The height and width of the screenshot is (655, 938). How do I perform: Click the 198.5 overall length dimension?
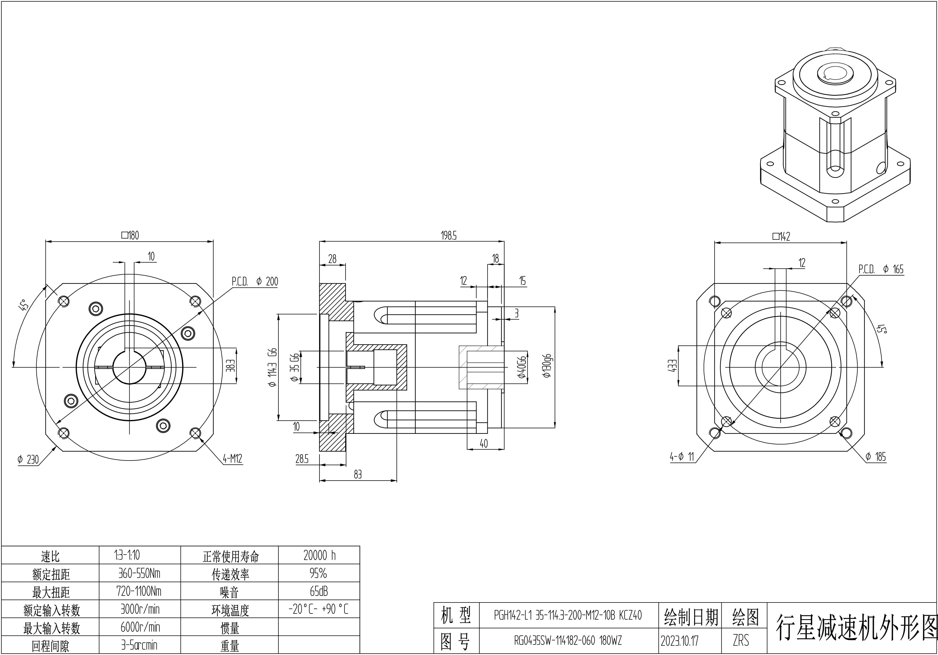(x=449, y=236)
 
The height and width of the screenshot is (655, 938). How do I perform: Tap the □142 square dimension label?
(x=781, y=236)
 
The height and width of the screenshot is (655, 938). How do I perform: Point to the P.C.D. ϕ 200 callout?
(x=255, y=281)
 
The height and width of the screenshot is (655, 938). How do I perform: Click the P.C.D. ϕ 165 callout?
(x=881, y=269)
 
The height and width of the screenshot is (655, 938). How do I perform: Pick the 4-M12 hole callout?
(x=233, y=459)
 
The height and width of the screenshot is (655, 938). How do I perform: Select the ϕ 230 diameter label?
(x=28, y=460)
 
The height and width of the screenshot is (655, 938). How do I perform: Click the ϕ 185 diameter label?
(x=876, y=457)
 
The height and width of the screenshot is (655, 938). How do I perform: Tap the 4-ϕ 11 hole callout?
(x=682, y=457)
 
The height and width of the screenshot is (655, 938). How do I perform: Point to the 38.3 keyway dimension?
(x=231, y=366)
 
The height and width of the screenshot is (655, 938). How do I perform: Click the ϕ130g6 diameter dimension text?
(x=548, y=366)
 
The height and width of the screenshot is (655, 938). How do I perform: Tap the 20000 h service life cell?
(x=319, y=555)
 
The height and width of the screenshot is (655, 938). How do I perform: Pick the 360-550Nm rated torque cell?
(x=139, y=574)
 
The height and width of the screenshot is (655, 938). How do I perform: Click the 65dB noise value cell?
(x=319, y=591)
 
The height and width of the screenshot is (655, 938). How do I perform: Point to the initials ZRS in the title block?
(x=741, y=641)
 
